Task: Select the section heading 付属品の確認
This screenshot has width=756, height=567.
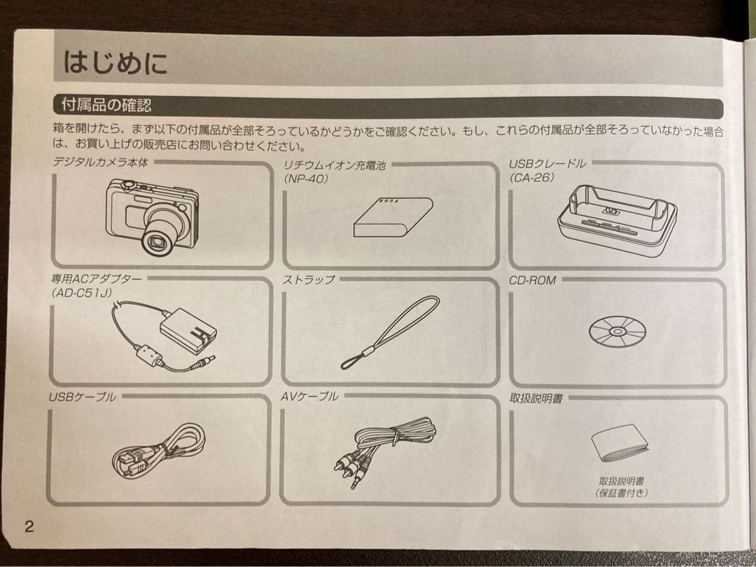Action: [106, 106]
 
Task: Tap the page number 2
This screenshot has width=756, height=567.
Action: [29, 527]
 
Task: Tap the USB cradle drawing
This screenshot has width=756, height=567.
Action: [617, 220]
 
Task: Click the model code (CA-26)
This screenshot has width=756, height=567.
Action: [533, 178]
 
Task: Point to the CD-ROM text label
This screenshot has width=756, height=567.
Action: [533, 280]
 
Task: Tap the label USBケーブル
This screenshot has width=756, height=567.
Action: [82, 397]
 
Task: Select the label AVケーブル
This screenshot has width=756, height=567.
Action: [309, 396]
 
